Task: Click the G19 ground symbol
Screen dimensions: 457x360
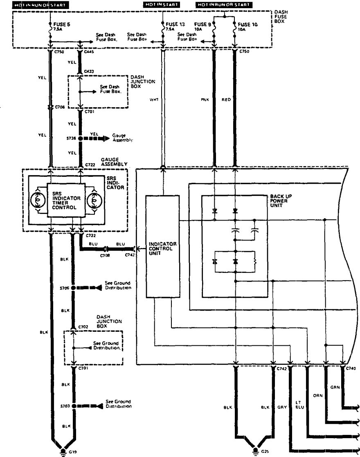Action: (x=63, y=452)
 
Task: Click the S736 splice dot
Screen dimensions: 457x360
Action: (x=81, y=139)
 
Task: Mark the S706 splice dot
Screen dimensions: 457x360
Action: (x=73, y=288)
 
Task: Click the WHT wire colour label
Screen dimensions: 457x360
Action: (x=154, y=99)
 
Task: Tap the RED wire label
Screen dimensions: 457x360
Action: (x=226, y=99)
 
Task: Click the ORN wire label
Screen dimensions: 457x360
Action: (x=317, y=396)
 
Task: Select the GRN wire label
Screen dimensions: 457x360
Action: (x=334, y=387)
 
